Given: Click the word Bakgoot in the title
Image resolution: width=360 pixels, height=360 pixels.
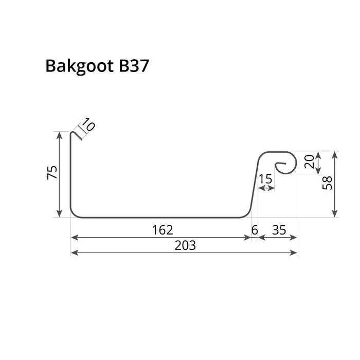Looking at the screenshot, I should [76, 66].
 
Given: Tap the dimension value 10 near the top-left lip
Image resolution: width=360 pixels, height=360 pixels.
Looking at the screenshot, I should [88, 125].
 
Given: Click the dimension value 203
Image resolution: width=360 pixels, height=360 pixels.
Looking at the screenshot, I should [185, 245].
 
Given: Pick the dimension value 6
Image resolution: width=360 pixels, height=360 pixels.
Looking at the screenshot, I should [254, 230].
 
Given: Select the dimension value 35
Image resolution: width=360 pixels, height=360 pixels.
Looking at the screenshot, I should [278, 230].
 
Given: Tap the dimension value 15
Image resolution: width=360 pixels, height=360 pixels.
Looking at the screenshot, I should [266, 179].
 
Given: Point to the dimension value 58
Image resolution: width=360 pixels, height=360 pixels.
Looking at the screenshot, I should [327, 183].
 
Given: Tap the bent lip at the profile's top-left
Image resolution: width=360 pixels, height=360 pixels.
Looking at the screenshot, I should [77, 134].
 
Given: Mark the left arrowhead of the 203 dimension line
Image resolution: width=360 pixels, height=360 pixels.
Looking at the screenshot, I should [73, 253].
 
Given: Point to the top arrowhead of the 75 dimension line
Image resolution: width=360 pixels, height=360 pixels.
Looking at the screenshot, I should [60, 134].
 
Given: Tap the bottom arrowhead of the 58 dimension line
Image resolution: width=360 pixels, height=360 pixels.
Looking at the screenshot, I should [335, 214].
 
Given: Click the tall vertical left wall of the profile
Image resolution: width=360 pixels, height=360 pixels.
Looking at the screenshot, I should [70, 175].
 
